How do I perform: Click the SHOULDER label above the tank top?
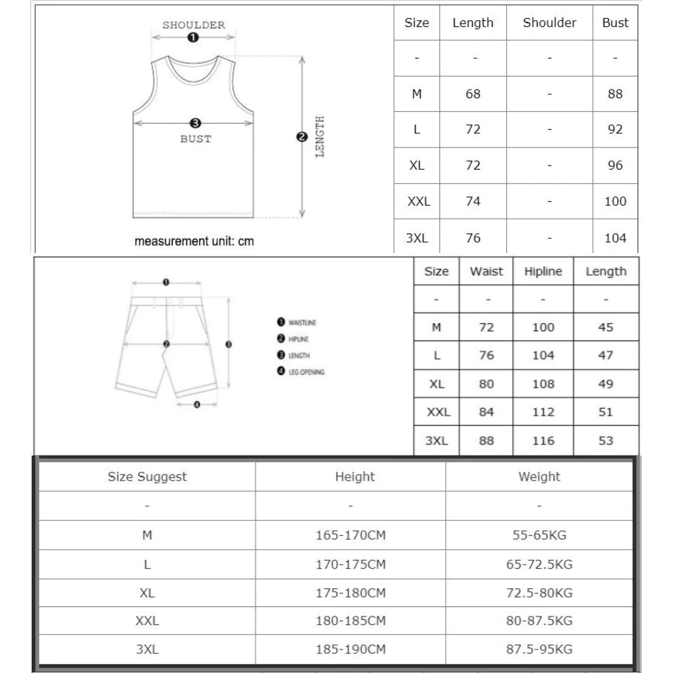[193, 26]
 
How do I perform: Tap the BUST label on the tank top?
[195, 139]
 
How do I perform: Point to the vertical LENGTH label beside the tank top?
[320, 137]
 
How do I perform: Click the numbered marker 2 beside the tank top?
[302, 137]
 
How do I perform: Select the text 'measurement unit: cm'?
[194, 241]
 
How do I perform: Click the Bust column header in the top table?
[615, 23]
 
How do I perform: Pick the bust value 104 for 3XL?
[615, 238]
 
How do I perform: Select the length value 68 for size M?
[473, 94]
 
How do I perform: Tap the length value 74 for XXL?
[473, 201]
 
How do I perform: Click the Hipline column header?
[542, 272]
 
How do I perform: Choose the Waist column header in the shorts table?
[486, 272]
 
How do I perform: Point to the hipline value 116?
[542, 441]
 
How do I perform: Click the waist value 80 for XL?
[486, 384]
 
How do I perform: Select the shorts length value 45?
[606, 328]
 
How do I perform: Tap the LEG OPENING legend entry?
[306, 372]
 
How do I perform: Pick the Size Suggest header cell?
[147, 477]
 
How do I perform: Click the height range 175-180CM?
[351, 593]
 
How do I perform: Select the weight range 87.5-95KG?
[539, 649]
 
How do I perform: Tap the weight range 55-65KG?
[539, 536]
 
